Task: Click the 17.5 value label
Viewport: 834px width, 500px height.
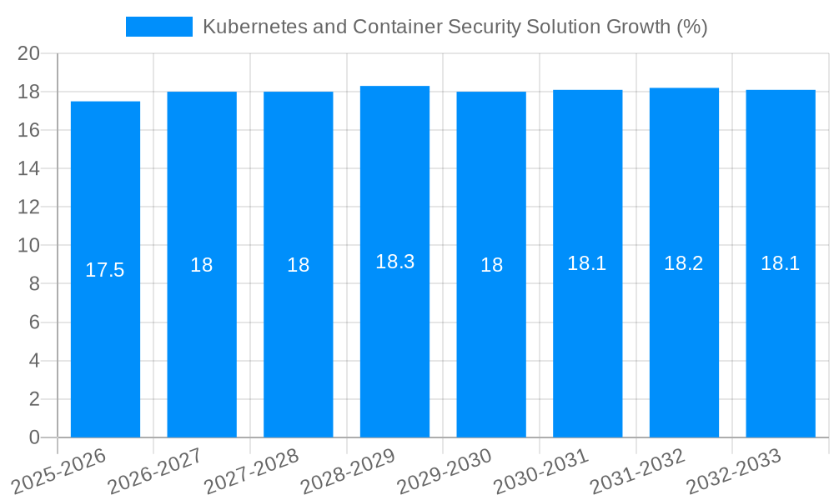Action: click(x=105, y=270)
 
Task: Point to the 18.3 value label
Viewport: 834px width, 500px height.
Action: click(x=394, y=262)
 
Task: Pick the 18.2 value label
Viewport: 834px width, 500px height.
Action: click(x=684, y=263)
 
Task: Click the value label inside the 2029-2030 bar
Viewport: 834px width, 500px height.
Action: click(x=491, y=265)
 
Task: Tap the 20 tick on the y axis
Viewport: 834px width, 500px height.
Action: click(x=28, y=53)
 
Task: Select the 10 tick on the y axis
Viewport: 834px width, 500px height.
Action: click(x=28, y=246)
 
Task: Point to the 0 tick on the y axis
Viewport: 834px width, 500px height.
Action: click(x=34, y=437)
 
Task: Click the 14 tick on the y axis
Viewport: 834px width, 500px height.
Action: click(x=28, y=168)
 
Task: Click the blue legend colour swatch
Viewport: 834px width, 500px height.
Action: click(x=158, y=27)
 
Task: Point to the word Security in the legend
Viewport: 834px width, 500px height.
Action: click(x=485, y=27)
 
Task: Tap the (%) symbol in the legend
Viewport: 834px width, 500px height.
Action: click(x=691, y=27)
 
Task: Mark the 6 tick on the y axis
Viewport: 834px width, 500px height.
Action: click(x=34, y=322)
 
